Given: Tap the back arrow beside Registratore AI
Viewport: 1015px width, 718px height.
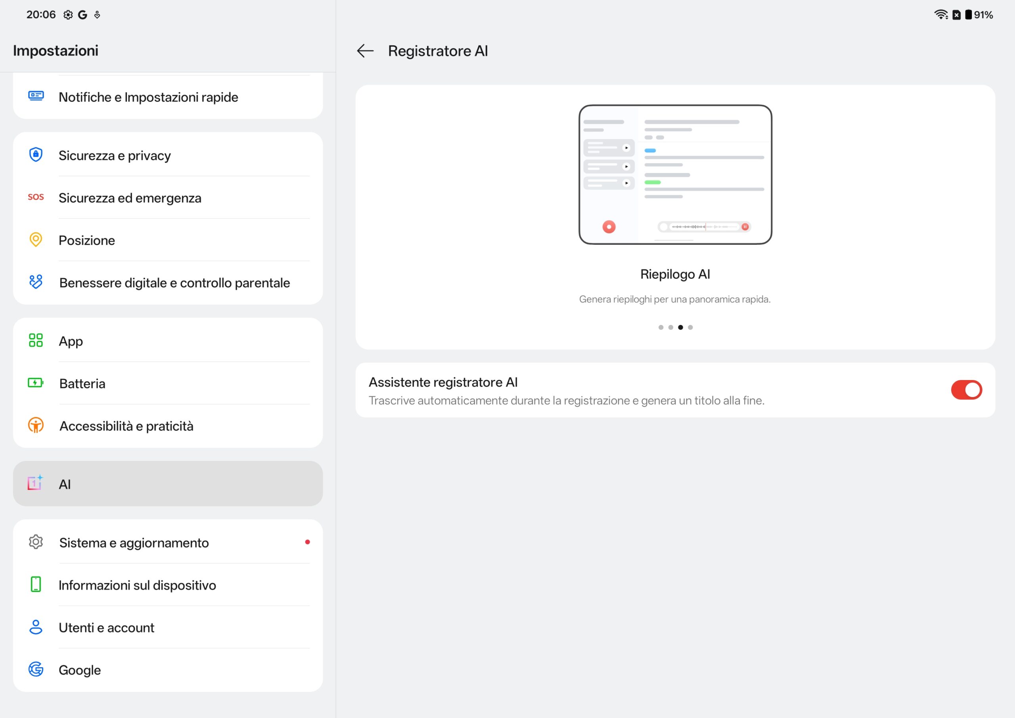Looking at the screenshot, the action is (x=365, y=51).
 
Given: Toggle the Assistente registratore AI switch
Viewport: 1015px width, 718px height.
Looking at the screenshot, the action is (x=966, y=390).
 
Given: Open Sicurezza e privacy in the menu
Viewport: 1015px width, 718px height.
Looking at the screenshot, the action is (x=115, y=156).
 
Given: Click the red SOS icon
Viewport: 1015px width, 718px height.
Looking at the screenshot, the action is (x=36, y=197).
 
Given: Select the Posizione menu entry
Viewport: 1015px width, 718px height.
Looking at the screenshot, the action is (x=87, y=240).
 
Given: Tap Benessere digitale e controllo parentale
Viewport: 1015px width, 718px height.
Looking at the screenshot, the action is (x=174, y=283).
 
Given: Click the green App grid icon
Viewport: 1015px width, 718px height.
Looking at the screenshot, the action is (x=36, y=340).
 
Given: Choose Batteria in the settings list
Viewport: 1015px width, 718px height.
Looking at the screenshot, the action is (x=82, y=384).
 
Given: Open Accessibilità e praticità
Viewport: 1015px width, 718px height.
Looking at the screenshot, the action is (x=126, y=426).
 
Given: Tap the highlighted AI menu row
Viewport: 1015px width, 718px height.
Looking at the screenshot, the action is (x=168, y=484).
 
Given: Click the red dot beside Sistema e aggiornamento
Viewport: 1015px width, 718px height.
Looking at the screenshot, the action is (x=307, y=542).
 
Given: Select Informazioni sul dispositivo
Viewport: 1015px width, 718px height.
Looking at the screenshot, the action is (x=138, y=585).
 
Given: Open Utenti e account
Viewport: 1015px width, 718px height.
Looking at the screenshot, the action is (x=107, y=628).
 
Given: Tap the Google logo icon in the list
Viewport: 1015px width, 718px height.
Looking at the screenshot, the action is (x=36, y=669).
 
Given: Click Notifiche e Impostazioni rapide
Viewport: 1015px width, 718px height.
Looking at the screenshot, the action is (x=149, y=97).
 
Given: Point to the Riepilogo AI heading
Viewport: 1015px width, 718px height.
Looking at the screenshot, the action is (x=675, y=274).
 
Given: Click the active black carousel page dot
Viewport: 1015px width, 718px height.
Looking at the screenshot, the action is (x=680, y=327).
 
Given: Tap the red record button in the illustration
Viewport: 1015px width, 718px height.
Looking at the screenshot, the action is (x=609, y=227).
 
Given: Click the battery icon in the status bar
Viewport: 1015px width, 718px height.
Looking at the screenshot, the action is (x=968, y=15).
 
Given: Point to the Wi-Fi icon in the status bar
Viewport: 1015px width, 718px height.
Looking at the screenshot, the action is (x=941, y=15).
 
